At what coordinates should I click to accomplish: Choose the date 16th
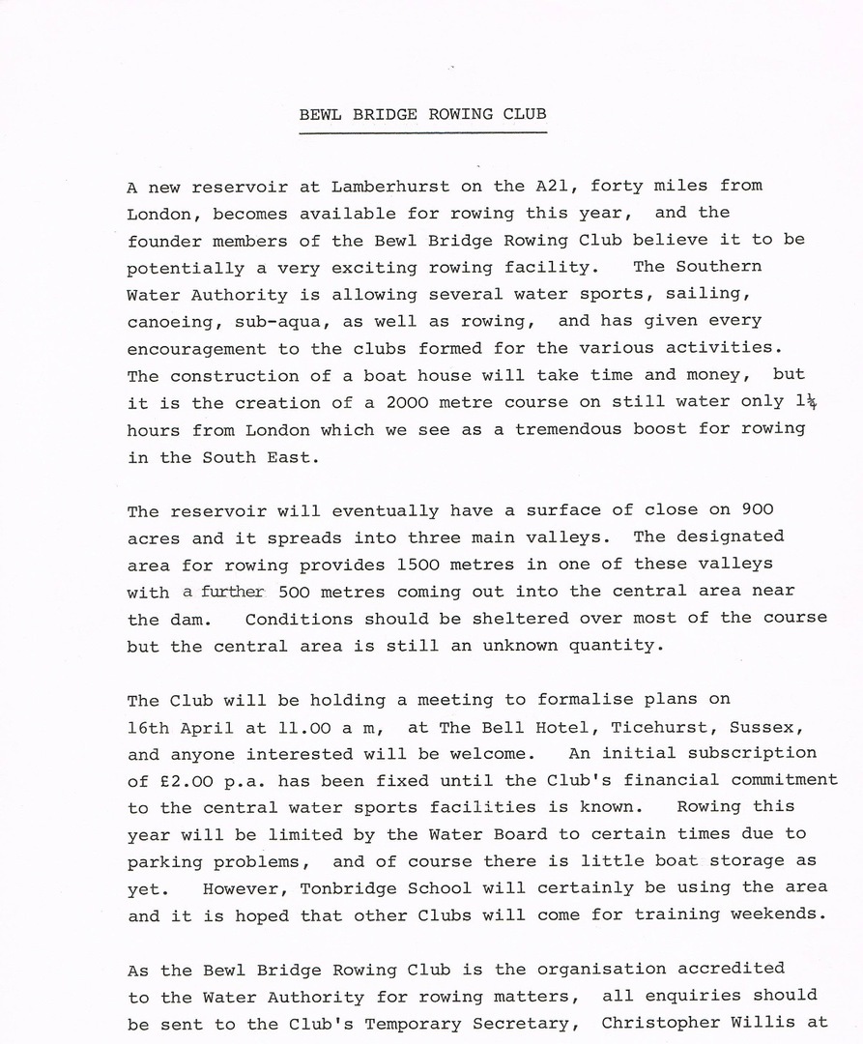click(153, 726)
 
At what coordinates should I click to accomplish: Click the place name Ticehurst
click(635, 726)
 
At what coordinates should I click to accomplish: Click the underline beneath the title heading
click(422, 132)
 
